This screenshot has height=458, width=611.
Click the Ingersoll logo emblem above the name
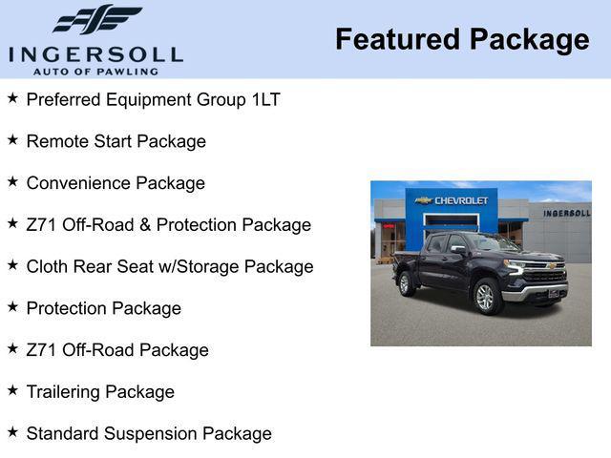96,19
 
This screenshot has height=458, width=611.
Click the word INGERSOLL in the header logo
95,53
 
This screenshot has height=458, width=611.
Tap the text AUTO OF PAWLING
95,71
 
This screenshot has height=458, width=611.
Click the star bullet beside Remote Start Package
12,140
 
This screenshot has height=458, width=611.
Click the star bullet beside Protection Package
12,307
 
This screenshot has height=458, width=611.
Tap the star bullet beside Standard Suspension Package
12,433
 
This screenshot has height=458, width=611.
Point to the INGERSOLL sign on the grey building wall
566,213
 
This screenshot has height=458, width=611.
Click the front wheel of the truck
485,297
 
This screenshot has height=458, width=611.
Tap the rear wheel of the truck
405,282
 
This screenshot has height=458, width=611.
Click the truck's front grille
547,275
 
